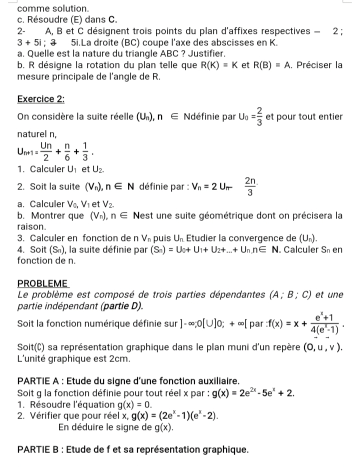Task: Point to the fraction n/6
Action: point(67,148)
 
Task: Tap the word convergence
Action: point(245,237)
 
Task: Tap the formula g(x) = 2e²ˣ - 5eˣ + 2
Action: point(252,392)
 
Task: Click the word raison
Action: point(31,226)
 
